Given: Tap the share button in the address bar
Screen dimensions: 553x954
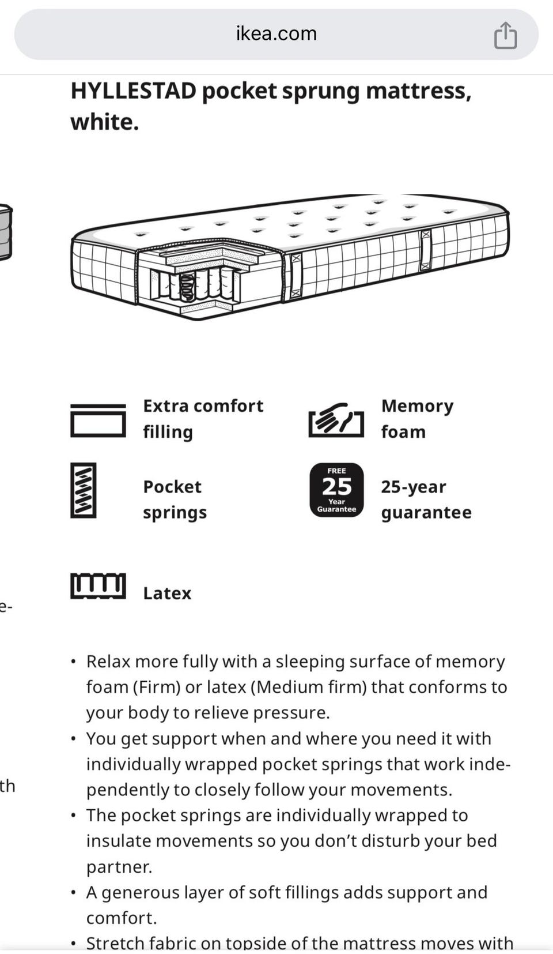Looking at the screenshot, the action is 505,35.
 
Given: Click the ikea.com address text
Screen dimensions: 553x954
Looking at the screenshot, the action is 276,33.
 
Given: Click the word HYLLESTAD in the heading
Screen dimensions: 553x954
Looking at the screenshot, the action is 134,91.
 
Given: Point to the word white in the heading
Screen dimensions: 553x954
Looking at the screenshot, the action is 105,122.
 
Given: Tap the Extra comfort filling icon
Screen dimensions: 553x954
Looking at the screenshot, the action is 98,420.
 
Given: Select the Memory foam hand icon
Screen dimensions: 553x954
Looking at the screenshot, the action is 336,420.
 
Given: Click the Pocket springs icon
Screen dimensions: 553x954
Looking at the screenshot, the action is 84,490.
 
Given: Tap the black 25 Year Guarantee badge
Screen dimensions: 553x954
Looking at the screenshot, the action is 336,490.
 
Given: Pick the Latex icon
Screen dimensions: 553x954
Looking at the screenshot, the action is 98,586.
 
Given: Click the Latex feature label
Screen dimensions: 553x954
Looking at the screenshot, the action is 167,594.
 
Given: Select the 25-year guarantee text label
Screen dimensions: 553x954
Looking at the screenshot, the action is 426,499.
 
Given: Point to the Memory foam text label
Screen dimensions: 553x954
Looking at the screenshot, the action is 417,419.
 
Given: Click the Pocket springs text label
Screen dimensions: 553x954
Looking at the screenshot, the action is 175,499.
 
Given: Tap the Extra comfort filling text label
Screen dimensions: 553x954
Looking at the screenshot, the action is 203,419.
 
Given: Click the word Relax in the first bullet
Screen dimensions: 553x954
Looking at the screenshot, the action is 108,662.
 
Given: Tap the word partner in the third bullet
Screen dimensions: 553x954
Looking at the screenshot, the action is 119,867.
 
